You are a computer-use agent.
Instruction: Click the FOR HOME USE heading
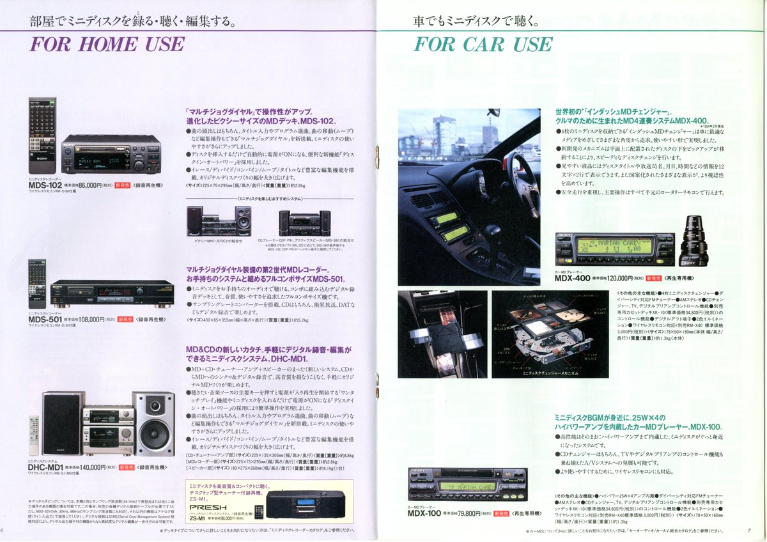point(107,45)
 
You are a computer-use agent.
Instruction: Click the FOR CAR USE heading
point(483,45)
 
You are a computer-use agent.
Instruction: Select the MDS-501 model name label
point(45,319)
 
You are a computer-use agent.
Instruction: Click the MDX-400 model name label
point(573,279)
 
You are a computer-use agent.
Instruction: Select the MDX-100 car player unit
point(468,484)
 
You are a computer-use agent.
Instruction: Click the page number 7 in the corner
point(748,529)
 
